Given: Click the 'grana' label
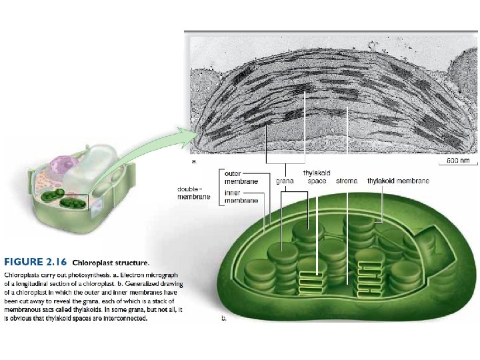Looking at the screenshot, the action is [285, 181].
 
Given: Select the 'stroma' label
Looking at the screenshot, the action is [347, 181].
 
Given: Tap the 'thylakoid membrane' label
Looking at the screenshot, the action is [398, 181].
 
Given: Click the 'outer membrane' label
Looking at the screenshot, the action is [237, 177].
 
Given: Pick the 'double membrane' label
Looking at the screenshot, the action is [193, 193].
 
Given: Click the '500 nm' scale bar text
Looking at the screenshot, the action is [459, 161].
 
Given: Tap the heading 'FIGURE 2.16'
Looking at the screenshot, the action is [35, 261].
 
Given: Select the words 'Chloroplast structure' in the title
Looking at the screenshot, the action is [111, 262].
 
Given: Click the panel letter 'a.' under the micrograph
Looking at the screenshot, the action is [195, 161].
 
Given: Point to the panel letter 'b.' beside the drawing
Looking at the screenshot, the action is [224, 319].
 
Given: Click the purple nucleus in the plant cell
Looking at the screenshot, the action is [67, 166].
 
